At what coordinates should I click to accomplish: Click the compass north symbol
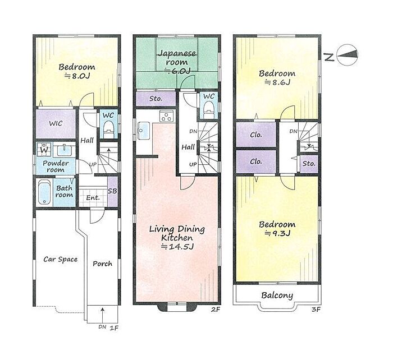(347, 55)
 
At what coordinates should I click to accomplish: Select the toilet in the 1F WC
(108, 130)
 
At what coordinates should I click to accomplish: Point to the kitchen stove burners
(166, 116)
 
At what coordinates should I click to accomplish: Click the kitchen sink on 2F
(143, 131)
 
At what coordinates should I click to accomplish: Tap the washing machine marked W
(44, 150)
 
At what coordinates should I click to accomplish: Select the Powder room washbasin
(65, 150)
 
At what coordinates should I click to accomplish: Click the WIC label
(56, 123)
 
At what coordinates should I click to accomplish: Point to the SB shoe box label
(112, 191)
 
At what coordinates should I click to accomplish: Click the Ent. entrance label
(93, 198)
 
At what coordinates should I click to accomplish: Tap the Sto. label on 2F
(156, 99)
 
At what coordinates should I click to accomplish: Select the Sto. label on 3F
(309, 164)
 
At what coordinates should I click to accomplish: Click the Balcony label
(277, 296)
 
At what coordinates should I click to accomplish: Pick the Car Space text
(61, 260)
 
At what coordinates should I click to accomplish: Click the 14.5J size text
(177, 247)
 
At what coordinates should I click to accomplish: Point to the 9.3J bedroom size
(277, 233)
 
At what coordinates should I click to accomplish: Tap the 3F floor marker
(316, 310)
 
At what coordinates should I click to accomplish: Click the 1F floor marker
(114, 327)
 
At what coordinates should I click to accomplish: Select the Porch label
(102, 264)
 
